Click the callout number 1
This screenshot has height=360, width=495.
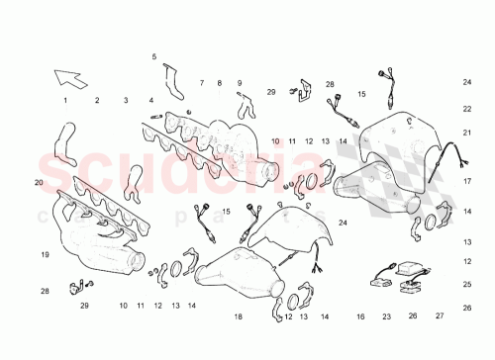tap(66, 101)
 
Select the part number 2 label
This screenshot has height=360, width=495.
tap(97, 101)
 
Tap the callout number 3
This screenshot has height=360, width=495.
tap(126, 101)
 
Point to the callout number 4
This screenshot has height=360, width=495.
tap(151, 101)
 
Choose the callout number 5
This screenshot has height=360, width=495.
tap(154, 57)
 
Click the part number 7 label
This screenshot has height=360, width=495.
tap(201, 83)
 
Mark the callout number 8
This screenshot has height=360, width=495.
tap(220, 83)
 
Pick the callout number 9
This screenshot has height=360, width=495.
tap(240, 83)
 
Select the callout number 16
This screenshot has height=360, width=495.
tap(361, 317)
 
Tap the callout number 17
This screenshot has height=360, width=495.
tap(466, 182)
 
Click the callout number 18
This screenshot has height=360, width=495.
tap(238, 317)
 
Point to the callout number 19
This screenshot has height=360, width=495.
tap(45, 255)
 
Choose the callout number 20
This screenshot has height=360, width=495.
tap(39, 183)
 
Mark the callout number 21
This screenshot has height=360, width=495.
tap(466, 132)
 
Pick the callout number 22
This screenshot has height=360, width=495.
tap(466, 109)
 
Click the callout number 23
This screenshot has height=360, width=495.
tap(387, 317)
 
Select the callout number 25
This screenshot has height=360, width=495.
tap(466, 283)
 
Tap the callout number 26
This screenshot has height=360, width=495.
tap(413, 317)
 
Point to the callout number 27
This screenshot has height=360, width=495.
tap(440, 317)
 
